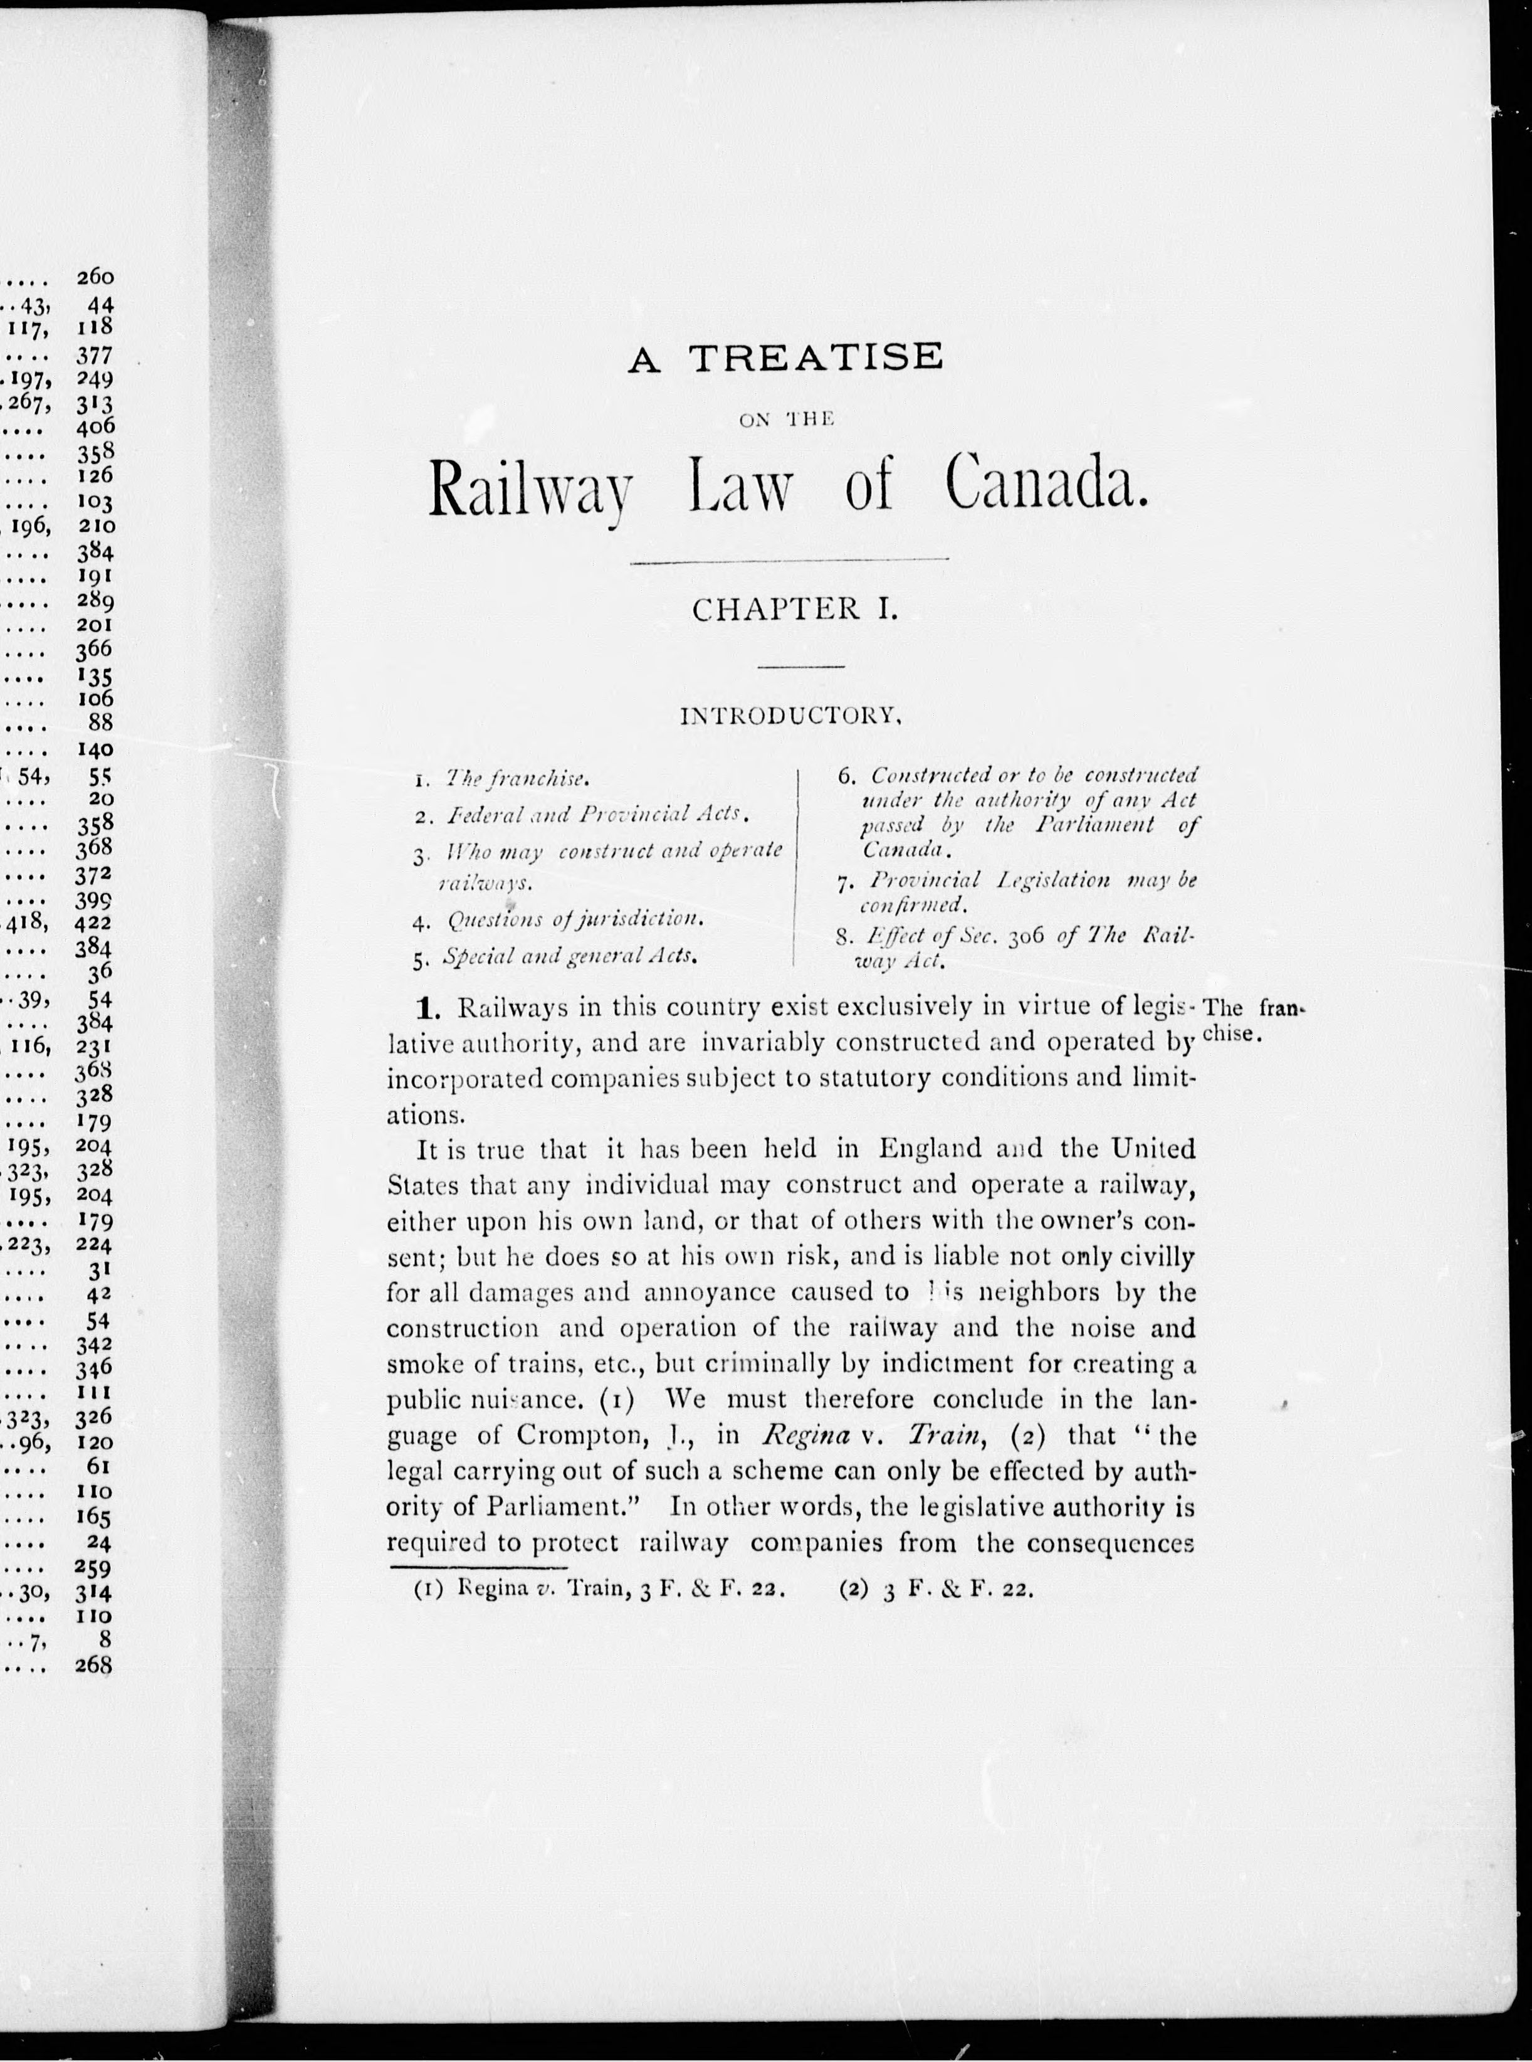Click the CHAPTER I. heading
795,610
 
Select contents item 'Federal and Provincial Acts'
596,815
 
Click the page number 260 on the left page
95,277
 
